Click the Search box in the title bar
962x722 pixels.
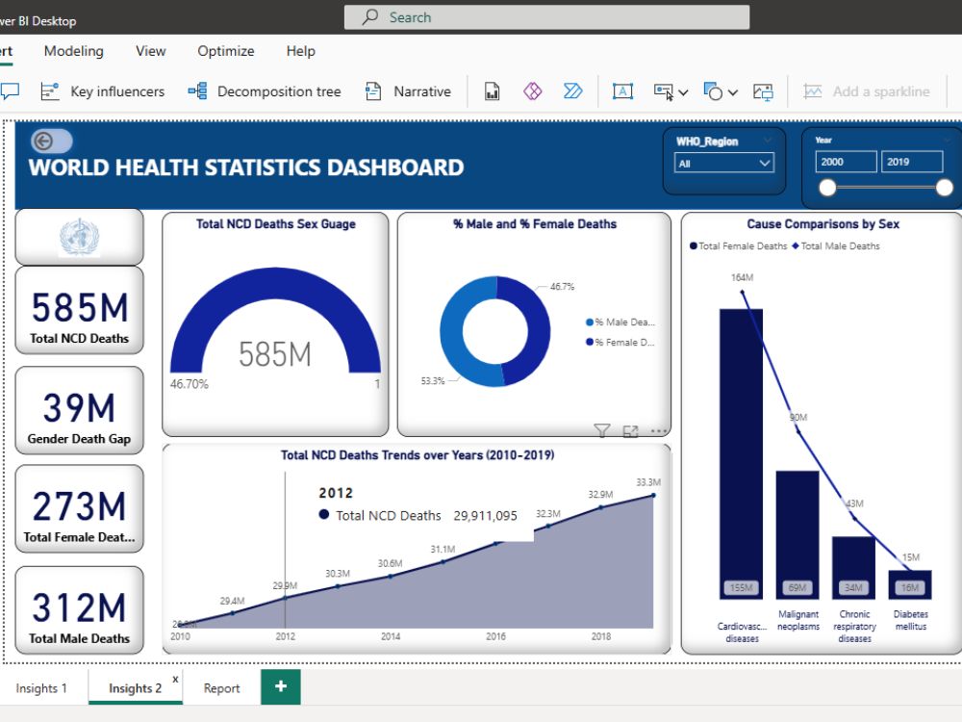tap(546, 17)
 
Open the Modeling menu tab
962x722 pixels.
tap(74, 51)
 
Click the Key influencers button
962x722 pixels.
tap(103, 91)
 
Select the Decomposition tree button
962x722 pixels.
tap(265, 91)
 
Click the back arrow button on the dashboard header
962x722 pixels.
tap(45, 142)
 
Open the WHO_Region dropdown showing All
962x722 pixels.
tap(724, 164)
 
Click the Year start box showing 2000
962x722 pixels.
tap(847, 162)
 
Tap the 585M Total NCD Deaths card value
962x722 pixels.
tap(80, 308)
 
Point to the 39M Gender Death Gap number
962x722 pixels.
tap(80, 408)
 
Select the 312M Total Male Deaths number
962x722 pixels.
tap(80, 608)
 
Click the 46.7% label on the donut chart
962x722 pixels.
tap(563, 287)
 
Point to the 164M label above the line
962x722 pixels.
tap(742, 278)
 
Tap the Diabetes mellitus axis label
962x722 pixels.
tap(909, 620)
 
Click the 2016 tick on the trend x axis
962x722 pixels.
tap(495, 636)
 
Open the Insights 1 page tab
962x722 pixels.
tap(41, 688)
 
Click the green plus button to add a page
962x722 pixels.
tap(281, 687)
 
